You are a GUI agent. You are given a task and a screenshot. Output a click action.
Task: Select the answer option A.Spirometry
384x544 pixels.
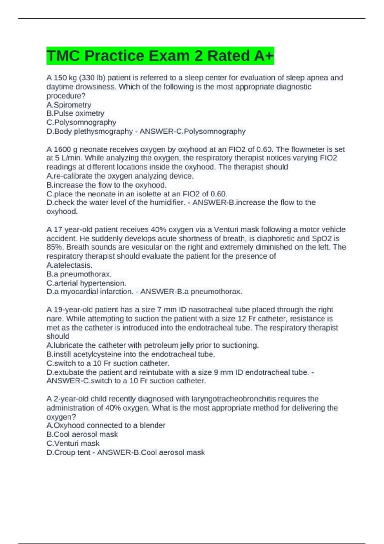69,105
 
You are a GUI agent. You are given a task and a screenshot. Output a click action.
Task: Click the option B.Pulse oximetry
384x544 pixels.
76,113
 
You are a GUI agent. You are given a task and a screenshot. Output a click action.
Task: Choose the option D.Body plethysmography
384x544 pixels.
90,131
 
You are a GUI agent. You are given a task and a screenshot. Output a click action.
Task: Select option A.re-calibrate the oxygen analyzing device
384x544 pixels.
120,176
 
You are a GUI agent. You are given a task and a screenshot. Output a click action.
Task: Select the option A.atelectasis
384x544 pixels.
69,265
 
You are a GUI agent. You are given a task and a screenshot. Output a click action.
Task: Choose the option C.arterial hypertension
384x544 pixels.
86,283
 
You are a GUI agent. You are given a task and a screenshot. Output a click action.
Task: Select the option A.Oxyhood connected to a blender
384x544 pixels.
106,425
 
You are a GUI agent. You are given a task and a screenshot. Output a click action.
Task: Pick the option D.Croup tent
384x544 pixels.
68,452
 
